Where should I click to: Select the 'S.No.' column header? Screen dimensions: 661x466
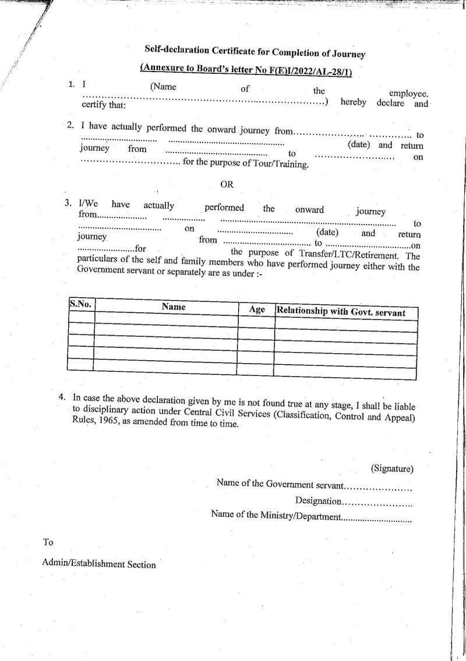click(80, 304)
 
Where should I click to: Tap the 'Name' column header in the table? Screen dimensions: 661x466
click(174, 307)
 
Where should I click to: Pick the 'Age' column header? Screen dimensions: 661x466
click(257, 310)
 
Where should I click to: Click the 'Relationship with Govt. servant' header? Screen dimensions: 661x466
click(341, 312)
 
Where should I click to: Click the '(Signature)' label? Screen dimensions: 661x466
click(392, 468)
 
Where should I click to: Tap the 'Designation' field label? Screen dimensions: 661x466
click(318, 500)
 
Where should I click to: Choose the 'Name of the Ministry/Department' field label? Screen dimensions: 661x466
click(275, 516)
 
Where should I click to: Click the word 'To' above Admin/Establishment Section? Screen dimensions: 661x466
click(48, 542)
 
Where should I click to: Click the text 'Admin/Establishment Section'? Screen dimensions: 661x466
click(99, 564)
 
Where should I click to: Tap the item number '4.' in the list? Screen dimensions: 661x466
click(61, 397)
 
